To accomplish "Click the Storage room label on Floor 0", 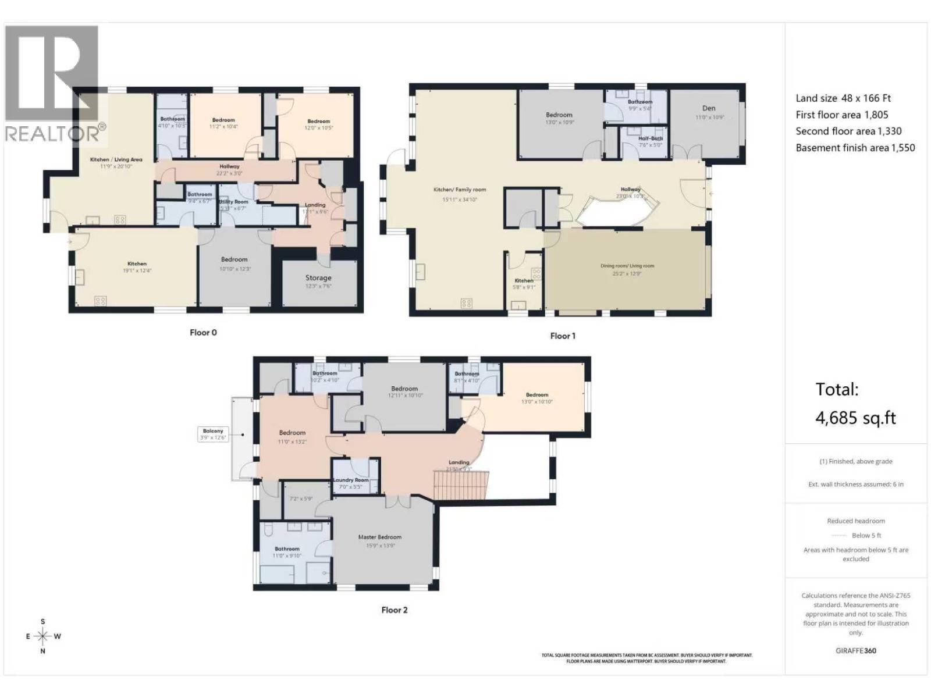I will click(x=318, y=278).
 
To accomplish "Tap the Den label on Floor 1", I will click(x=709, y=108).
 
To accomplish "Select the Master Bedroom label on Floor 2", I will click(x=379, y=537).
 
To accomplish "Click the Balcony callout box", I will click(x=213, y=434).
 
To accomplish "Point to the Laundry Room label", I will click(x=351, y=480).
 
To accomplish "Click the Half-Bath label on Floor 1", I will click(x=650, y=138).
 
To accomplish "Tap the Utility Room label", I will click(x=233, y=202).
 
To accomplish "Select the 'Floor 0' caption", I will click(x=203, y=333).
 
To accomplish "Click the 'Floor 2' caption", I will click(x=395, y=610).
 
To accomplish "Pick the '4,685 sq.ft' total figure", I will click(x=855, y=418).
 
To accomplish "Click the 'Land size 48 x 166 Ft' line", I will click(x=843, y=98).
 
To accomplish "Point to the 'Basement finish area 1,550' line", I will click(x=855, y=148).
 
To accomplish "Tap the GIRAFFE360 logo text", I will click(x=855, y=650).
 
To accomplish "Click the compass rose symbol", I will click(x=43, y=636).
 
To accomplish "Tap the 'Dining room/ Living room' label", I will click(x=627, y=266).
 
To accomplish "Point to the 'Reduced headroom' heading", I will click(x=855, y=521).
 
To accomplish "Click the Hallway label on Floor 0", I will click(x=229, y=166).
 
